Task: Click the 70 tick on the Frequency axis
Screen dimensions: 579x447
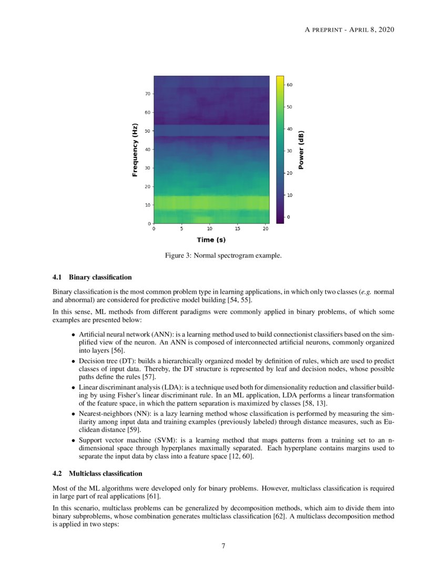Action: click(x=149, y=94)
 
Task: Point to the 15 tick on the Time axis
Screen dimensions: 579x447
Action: click(x=238, y=229)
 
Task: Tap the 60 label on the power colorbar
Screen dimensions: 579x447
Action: click(x=290, y=85)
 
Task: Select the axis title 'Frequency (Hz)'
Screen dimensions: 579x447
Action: click(x=135, y=149)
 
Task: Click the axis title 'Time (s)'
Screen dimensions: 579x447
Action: click(x=211, y=240)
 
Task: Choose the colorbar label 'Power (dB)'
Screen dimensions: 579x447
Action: click(x=301, y=150)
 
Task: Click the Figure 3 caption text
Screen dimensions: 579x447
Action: click(x=223, y=256)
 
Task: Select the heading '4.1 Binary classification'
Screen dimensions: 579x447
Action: click(x=92, y=277)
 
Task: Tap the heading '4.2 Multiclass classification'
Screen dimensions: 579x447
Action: click(x=97, y=474)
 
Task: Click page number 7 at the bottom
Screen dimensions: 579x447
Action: click(x=223, y=546)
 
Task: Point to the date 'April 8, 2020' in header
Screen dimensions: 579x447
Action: click(x=371, y=29)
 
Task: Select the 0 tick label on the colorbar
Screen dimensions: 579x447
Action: click(x=288, y=217)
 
